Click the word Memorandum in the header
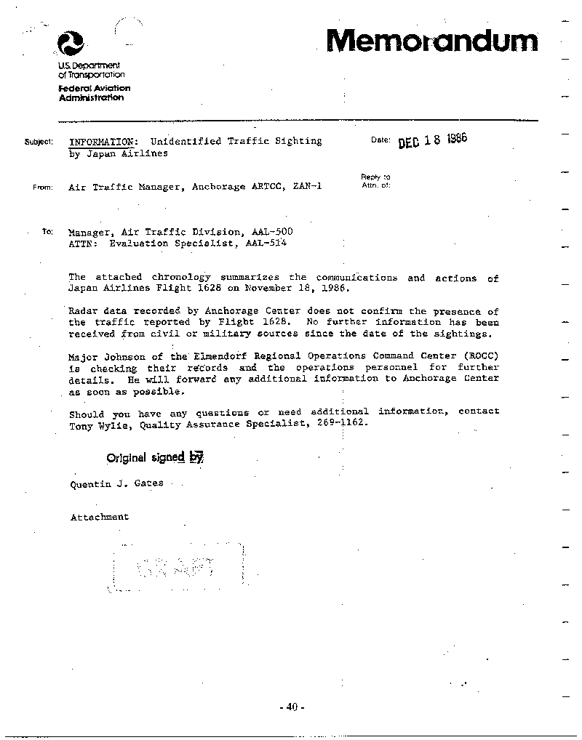click(433, 40)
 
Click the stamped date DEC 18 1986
click(431, 140)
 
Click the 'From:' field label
click(42, 188)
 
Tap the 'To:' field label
click(47, 232)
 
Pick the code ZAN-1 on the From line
click(306, 187)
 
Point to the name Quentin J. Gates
click(116, 483)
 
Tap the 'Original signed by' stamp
click(154, 457)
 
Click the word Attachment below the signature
click(99, 517)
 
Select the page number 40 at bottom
click(291, 707)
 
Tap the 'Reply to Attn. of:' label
click(375, 181)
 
